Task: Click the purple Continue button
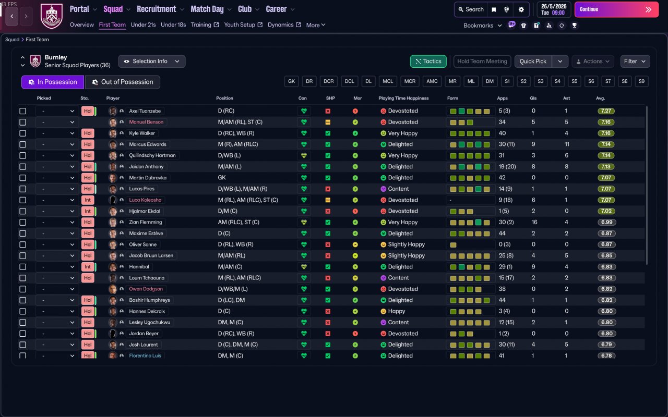[616, 9]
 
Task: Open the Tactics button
[428, 62]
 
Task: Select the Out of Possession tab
[122, 82]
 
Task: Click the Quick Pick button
[533, 62]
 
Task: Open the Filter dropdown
[635, 62]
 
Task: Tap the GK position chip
[292, 81]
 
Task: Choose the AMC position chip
[432, 81]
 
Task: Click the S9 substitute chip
[641, 81]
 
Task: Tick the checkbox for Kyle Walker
[22, 133]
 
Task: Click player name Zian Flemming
[146, 223]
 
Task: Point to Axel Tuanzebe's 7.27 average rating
[606, 111]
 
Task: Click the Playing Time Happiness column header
[403, 98]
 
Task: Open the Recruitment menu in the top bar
[157, 9]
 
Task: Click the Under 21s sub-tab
[143, 25]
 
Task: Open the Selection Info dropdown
[151, 62]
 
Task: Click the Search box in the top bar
[471, 9]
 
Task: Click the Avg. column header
[600, 98]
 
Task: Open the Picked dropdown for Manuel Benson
[57, 122]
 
